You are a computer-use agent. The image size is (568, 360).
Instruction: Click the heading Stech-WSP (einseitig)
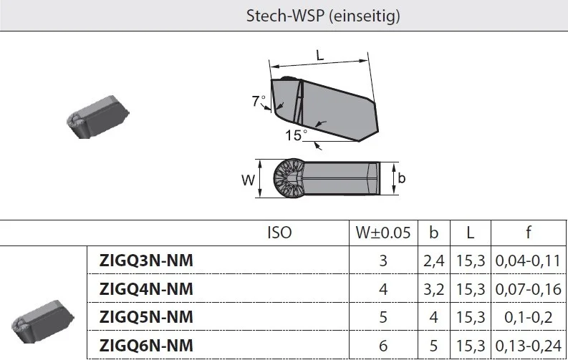point(323,16)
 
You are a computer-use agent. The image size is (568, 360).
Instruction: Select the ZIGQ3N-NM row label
point(146,261)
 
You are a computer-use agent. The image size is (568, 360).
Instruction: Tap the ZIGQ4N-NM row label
point(146,288)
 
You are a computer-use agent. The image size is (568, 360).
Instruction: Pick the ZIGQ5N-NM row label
point(146,317)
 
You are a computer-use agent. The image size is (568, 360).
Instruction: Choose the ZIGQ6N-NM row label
point(146,345)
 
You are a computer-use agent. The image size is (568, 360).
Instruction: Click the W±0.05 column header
point(383,233)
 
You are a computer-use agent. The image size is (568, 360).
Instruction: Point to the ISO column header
point(279,233)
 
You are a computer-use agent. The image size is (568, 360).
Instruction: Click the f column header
point(529,233)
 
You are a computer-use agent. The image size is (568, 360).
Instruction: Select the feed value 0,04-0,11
point(528,261)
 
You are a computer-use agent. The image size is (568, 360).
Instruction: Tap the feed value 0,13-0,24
point(528,346)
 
